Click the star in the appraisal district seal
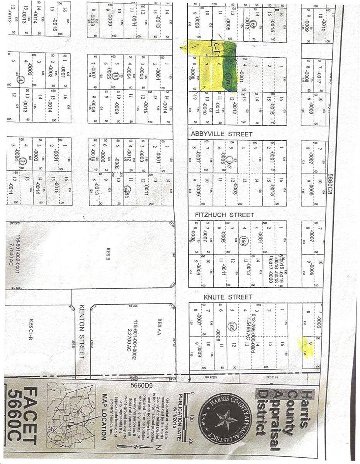point(223,420)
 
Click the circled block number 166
point(243,242)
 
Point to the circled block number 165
point(232,326)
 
